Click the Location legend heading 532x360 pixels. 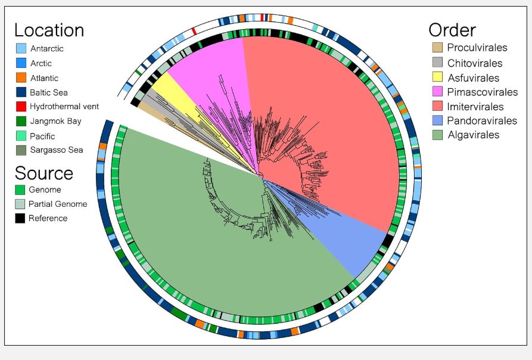coord(49,30)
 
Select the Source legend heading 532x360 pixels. coord(43,173)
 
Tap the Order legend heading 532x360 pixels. coord(452,30)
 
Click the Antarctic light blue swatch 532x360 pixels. coord(21,48)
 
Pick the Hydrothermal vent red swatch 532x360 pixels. coord(21,106)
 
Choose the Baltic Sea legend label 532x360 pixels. coord(48,92)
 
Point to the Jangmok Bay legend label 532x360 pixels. coord(55,121)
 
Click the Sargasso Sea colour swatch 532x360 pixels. coord(21,150)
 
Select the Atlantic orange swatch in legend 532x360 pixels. coord(21,77)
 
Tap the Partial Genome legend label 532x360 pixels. coord(58,204)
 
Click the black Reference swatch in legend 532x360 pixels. coord(20,218)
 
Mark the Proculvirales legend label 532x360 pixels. coord(477,48)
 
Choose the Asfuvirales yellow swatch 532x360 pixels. coord(438,77)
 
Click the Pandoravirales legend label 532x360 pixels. coord(482,120)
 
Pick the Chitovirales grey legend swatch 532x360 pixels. coord(438,62)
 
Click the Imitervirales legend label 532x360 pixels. coord(475,107)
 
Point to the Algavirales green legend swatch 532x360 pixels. coord(438,135)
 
